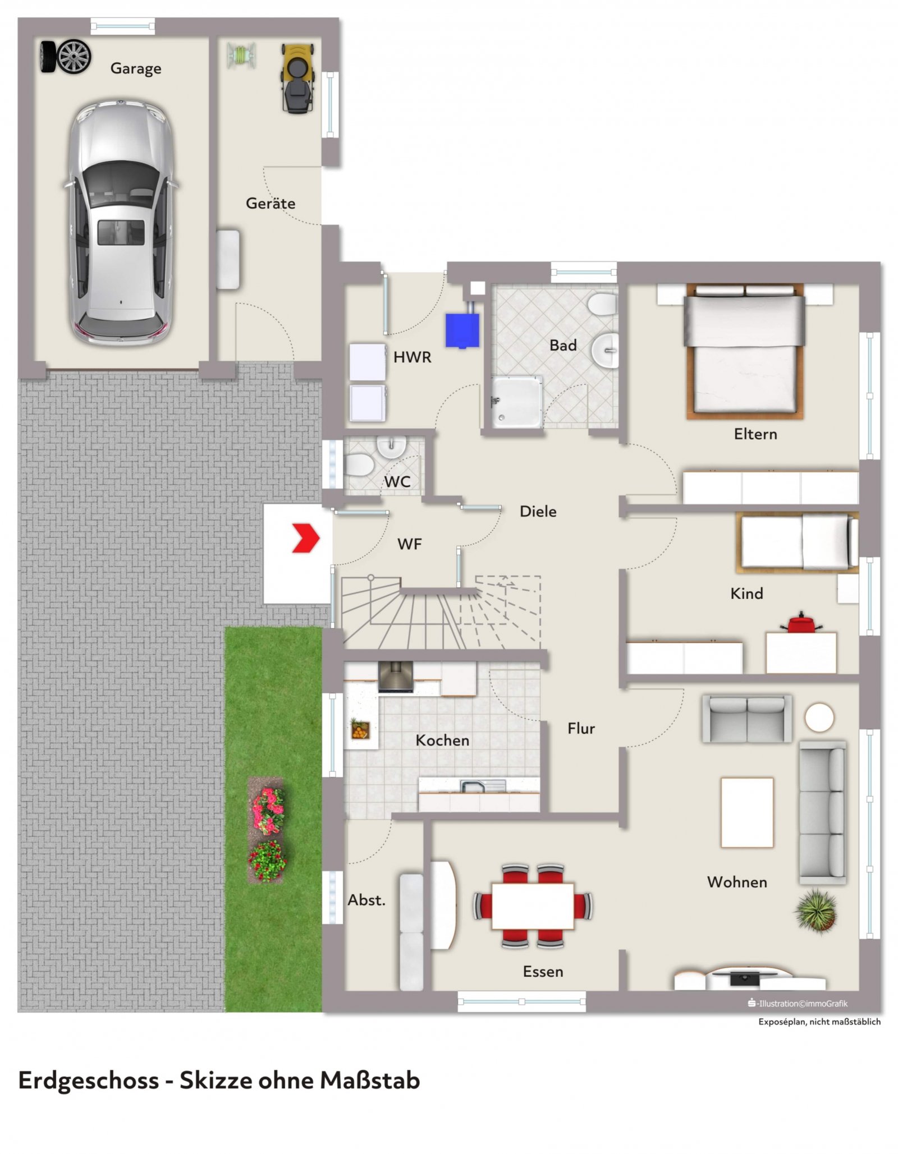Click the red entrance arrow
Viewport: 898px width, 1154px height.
(306, 538)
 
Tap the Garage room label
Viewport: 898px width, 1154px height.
(136, 68)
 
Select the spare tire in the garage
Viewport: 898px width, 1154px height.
(66, 57)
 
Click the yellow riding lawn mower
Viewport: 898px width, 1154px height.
(297, 79)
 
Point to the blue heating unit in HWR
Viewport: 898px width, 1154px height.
(462, 330)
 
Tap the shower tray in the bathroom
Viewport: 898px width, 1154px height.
(517, 402)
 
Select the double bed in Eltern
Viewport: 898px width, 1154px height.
(745, 352)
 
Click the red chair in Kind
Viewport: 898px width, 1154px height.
(801, 623)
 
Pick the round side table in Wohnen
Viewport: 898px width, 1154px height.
(819, 718)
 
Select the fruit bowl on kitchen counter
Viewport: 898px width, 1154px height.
(360, 729)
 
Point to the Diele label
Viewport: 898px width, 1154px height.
(538, 512)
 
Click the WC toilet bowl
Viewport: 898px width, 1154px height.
(359, 465)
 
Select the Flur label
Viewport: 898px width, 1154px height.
(581, 729)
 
